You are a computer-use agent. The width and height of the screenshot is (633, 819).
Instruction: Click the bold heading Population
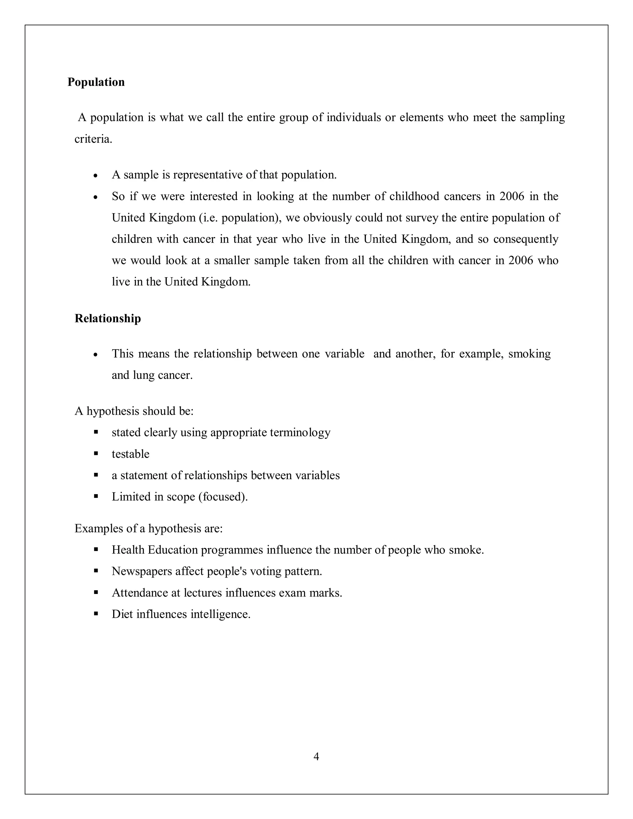(x=96, y=82)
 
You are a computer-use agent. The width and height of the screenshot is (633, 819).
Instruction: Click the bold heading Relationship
(x=108, y=318)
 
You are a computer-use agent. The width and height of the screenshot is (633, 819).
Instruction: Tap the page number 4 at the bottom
(x=316, y=757)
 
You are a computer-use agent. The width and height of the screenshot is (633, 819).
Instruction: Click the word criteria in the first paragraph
(x=93, y=139)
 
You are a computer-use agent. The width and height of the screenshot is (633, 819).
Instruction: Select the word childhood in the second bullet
(x=414, y=197)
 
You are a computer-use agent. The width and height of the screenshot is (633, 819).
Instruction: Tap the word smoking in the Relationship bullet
(x=529, y=354)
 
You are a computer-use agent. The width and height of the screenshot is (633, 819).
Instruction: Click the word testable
(x=130, y=454)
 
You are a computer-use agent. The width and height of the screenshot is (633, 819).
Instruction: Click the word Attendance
(x=140, y=593)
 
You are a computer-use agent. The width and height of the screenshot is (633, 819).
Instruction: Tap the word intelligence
(x=220, y=614)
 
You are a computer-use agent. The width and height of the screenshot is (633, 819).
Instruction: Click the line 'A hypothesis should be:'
(x=134, y=411)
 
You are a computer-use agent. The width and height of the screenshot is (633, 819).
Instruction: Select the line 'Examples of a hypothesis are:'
(x=148, y=529)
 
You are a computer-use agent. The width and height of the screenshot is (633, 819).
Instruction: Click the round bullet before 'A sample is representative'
(x=96, y=176)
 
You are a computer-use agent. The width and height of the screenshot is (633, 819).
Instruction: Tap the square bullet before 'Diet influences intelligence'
(x=96, y=614)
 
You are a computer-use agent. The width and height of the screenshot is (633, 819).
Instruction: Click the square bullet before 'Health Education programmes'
(x=96, y=550)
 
